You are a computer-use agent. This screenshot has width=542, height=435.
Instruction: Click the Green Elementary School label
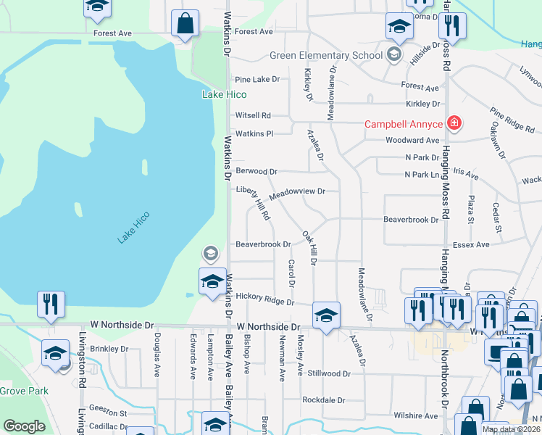click(x=325, y=55)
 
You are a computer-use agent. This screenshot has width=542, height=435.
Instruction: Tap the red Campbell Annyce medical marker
click(x=454, y=124)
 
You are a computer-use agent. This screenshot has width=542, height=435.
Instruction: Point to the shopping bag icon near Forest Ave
click(x=185, y=23)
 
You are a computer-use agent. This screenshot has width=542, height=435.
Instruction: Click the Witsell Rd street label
click(x=253, y=115)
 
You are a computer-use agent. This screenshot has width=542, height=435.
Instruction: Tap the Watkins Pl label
click(x=253, y=133)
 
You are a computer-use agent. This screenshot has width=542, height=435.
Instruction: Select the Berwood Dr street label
click(x=257, y=172)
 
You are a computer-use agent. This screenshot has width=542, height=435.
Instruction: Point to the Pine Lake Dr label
click(x=257, y=79)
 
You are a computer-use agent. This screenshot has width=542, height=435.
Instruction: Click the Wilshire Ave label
click(x=416, y=416)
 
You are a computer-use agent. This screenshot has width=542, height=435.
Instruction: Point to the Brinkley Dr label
click(x=109, y=349)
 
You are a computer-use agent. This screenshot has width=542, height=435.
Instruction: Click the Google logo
click(x=24, y=426)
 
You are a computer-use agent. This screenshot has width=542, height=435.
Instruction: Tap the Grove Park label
click(x=23, y=391)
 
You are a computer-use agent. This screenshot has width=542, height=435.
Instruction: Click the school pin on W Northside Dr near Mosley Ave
click(x=326, y=315)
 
